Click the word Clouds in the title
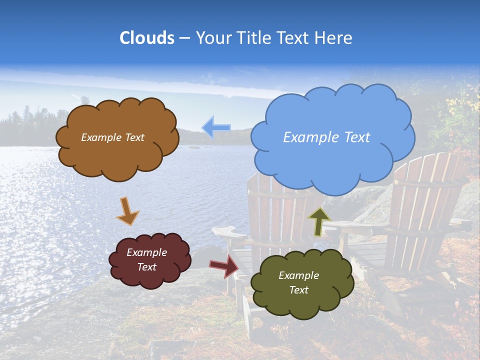[x=147, y=38]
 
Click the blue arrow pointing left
[x=216, y=127]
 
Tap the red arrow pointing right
[x=224, y=265]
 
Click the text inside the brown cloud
[x=112, y=137]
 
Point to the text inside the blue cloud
[x=326, y=137]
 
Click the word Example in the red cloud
[x=146, y=252]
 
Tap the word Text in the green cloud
[x=298, y=290]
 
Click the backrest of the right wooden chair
[x=425, y=195]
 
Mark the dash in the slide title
[x=184, y=38]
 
